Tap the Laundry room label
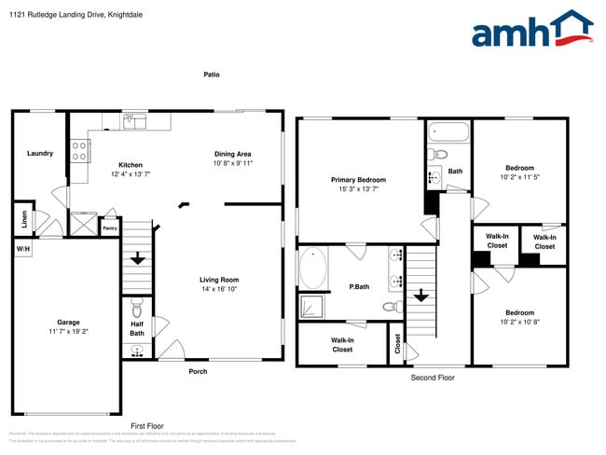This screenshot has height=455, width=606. [x=40, y=153]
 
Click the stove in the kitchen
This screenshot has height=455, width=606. [x=80, y=151]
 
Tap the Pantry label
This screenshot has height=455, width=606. [x=110, y=227]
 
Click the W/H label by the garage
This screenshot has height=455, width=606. [x=21, y=250]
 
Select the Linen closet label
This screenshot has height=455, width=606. [x=23, y=220]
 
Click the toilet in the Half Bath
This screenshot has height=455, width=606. [x=137, y=308]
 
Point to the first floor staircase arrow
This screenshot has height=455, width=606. [x=138, y=258]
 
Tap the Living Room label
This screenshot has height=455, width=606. [x=219, y=280]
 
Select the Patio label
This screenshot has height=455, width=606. [x=213, y=75]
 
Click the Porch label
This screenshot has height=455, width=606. [x=198, y=371]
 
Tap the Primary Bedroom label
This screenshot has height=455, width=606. [x=358, y=180]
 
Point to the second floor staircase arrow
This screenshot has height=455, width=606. [x=421, y=296]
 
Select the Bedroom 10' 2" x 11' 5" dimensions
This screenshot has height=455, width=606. [x=520, y=176]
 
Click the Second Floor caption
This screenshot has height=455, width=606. [x=433, y=378]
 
